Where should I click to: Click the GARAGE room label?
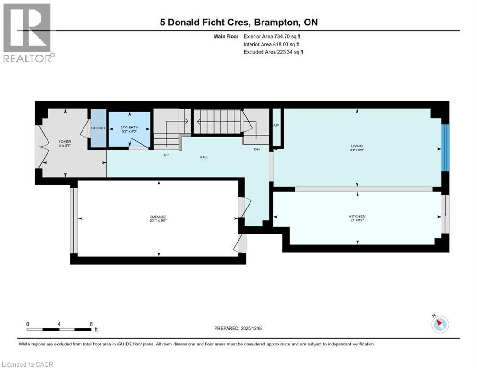[158, 217]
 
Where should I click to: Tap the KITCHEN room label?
[357, 216]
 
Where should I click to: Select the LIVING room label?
[357, 146]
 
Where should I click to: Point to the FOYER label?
[64, 142]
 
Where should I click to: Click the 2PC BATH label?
[129, 127]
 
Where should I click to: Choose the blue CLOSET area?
[98, 128]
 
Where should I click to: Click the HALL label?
[204, 157]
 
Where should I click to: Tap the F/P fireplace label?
[276, 126]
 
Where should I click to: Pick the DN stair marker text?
[257, 149]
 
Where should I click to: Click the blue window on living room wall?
[445, 147]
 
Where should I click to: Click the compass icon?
[440, 324]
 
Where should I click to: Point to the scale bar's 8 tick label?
[91, 324]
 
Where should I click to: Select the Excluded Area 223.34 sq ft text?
[274, 52]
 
